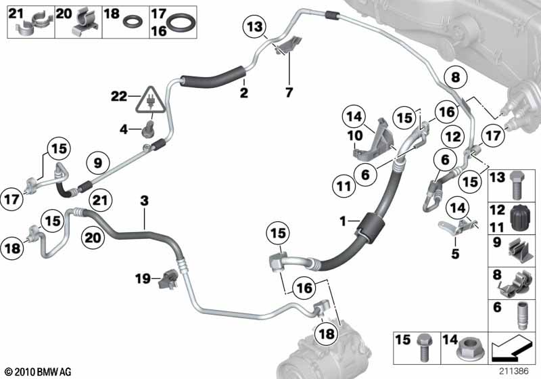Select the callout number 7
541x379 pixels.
pyautogui.click(x=289, y=92)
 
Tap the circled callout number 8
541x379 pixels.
pyautogui.click(x=455, y=77)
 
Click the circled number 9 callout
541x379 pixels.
pyautogui.click(x=98, y=162)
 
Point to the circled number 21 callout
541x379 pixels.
pyautogui.click(x=100, y=200)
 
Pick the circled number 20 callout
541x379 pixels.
pyautogui.click(x=93, y=238)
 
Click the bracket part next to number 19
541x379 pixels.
pyautogui.click(x=168, y=279)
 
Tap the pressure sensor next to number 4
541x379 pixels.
pyautogui.click(x=148, y=129)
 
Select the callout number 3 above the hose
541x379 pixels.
pyautogui.click(x=144, y=200)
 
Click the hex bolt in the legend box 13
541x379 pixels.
pyautogui.click(x=517, y=185)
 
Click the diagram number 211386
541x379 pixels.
pyautogui.click(x=513, y=371)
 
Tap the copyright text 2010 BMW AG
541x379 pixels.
pyautogui.click(x=39, y=372)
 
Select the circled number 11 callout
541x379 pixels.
pyautogui.click(x=344, y=187)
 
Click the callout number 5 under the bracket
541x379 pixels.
pyautogui.click(x=455, y=254)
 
